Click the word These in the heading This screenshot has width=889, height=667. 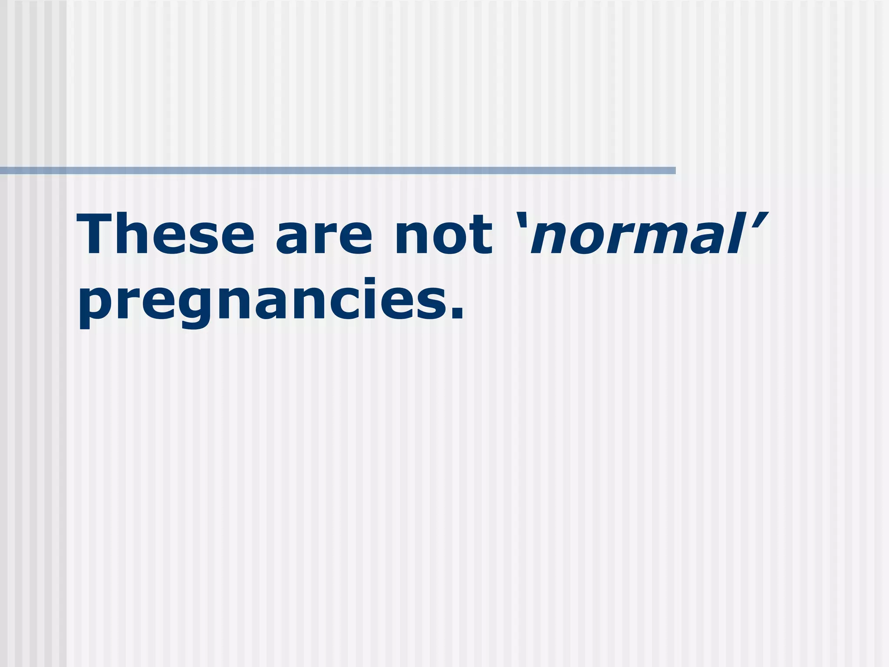[x=165, y=234]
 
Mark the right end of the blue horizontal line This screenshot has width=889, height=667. [x=674, y=171]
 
